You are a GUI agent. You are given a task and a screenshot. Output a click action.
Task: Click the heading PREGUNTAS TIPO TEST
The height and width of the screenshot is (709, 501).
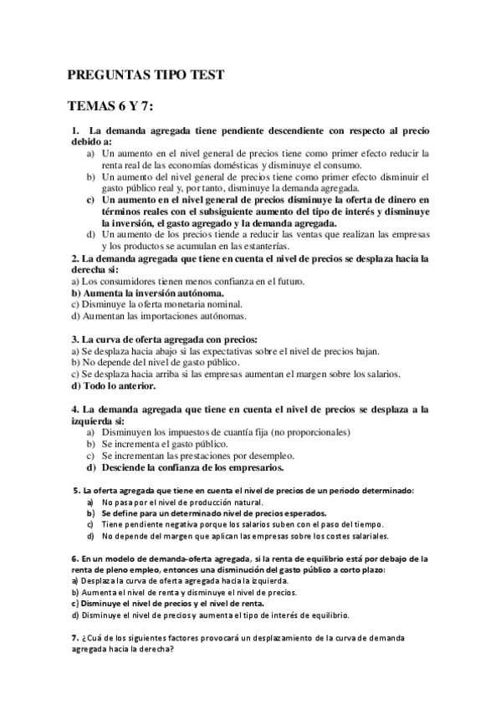coord(146,75)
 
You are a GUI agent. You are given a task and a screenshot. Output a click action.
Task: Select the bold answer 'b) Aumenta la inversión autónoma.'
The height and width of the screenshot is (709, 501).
coord(147,293)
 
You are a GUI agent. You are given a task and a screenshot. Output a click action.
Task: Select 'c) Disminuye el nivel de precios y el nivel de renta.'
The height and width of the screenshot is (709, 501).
coord(167,602)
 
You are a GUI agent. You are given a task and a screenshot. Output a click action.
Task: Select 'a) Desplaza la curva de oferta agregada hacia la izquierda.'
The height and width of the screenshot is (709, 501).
coord(180,580)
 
